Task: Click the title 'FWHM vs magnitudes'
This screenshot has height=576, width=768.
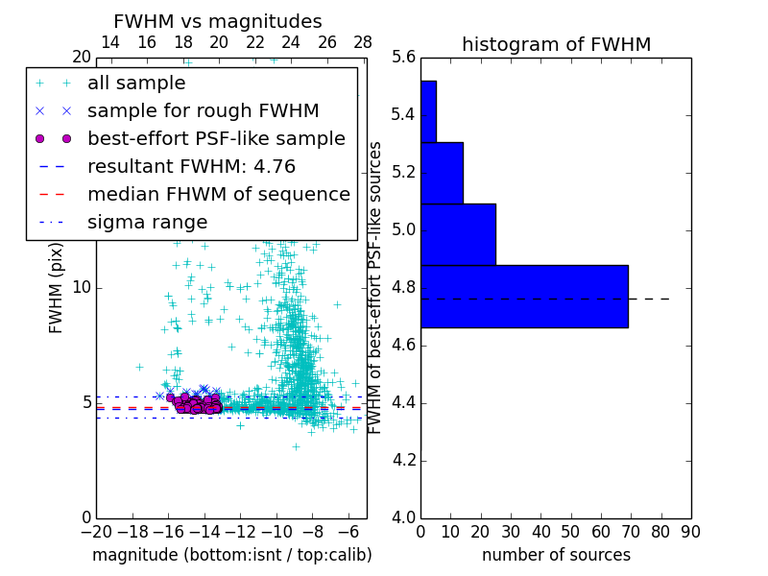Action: point(218,22)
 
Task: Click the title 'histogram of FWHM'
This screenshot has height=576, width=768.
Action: point(556,44)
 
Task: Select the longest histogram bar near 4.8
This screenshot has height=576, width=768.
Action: point(524,297)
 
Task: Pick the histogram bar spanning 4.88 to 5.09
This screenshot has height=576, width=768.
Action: point(458,234)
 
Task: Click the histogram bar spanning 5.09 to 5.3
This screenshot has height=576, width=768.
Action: point(442,173)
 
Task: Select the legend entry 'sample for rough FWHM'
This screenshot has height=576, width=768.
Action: point(203,110)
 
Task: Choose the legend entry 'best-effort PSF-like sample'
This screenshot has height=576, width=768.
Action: point(216,138)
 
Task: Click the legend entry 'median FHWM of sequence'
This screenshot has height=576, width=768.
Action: point(218,194)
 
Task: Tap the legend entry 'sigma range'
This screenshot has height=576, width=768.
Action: point(147,222)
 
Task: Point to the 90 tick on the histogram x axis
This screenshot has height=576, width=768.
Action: point(690,531)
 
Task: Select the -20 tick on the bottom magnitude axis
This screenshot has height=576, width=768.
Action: point(96,531)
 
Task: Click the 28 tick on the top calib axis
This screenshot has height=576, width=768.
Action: point(363,42)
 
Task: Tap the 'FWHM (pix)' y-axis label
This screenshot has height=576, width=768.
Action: point(57,288)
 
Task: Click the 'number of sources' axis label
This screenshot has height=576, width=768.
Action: point(556,555)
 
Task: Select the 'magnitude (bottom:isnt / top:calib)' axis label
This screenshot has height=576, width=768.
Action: point(231,555)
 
